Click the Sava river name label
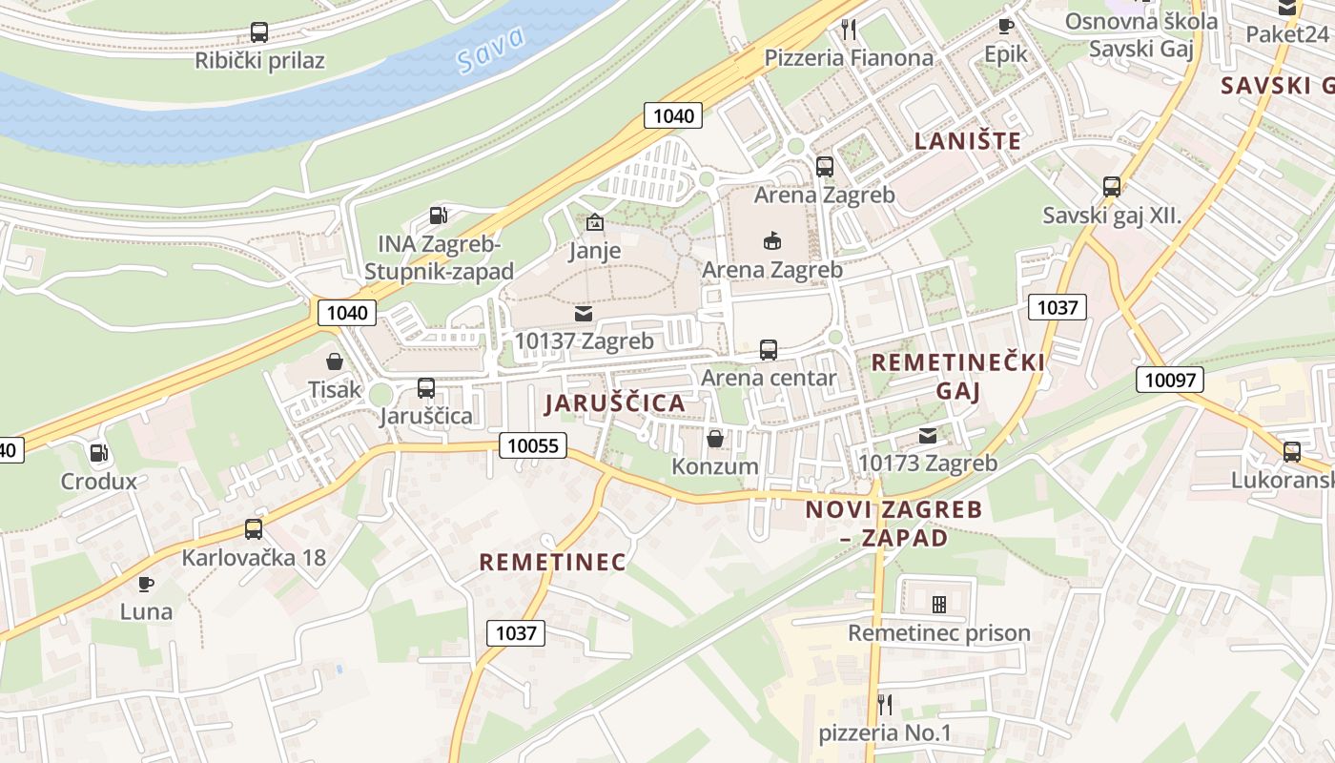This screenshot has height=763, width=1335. pyautogui.click(x=491, y=51)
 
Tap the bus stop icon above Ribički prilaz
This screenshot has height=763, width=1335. pyautogui.click(x=258, y=31)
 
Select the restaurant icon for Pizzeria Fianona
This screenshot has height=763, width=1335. pyautogui.click(x=849, y=30)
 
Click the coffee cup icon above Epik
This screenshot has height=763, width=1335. pyautogui.click(x=1005, y=26)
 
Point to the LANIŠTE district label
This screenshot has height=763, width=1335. pyautogui.click(x=967, y=141)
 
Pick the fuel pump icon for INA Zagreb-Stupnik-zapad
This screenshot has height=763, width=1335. pyautogui.click(x=438, y=216)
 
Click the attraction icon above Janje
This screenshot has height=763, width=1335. pyautogui.click(x=595, y=223)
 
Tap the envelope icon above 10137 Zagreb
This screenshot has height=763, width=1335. pyautogui.click(x=583, y=313)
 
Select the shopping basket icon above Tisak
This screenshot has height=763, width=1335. pyautogui.click(x=335, y=361)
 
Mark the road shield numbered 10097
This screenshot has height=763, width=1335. pyautogui.click(x=1170, y=380)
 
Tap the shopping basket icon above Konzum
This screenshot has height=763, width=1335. pyautogui.click(x=714, y=439)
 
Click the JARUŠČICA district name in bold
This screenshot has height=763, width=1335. pyautogui.click(x=615, y=403)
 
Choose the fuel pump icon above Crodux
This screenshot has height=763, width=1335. pyautogui.click(x=98, y=453)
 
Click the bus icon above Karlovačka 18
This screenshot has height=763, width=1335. pyautogui.click(x=253, y=528)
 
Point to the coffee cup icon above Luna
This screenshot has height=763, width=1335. pyautogui.click(x=145, y=584)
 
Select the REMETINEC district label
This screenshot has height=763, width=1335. pyautogui.click(x=552, y=563)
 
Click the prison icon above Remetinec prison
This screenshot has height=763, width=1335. pyautogui.click(x=938, y=605)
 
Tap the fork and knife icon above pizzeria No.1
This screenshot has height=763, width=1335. pyautogui.click(x=885, y=705)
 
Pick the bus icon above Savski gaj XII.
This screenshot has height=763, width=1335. pyautogui.click(x=1111, y=187)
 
